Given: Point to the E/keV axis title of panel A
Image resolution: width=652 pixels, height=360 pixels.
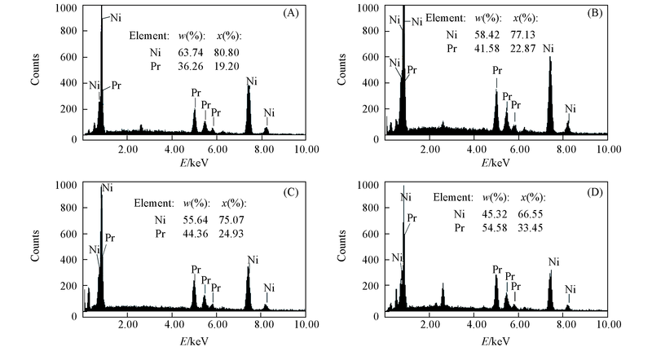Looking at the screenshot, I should point(193,162).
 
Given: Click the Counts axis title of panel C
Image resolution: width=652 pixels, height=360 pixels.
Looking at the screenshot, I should point(37,248).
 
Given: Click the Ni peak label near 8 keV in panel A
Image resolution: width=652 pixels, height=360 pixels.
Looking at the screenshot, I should point(270,112).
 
